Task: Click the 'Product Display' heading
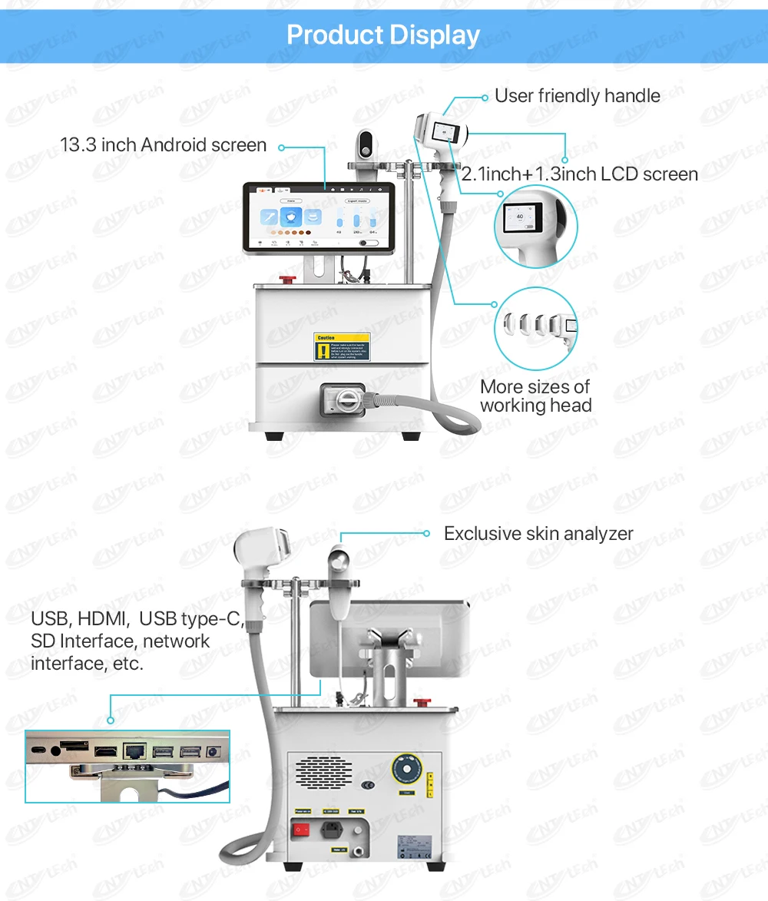(x=383, y=35)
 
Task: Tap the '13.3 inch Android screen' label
(x=163, y=145)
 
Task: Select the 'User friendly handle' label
(x=577, y=96)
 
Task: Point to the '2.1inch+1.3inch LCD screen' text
(x=580, y=175)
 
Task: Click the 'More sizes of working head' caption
(x=535, y=396)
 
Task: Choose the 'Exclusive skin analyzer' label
(x=538, y=534)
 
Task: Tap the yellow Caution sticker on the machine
(x=342, y=346)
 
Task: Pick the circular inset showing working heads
(x=535, y=328)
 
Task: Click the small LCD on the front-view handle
(x=444, y=132)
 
